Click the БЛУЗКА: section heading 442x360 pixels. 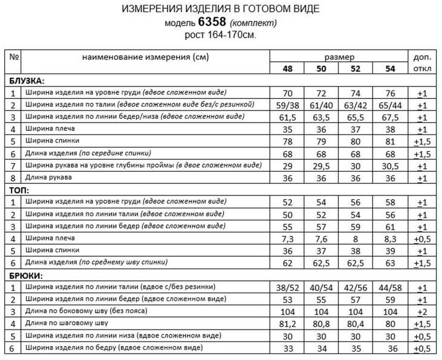click(x=27, y=80)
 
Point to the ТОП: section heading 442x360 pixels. click(x=19, y=189)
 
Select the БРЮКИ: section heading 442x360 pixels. click(x=25, y=274)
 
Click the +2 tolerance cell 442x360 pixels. click(x=422, y=311)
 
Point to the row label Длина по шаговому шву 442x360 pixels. click(x=65, y=323)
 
